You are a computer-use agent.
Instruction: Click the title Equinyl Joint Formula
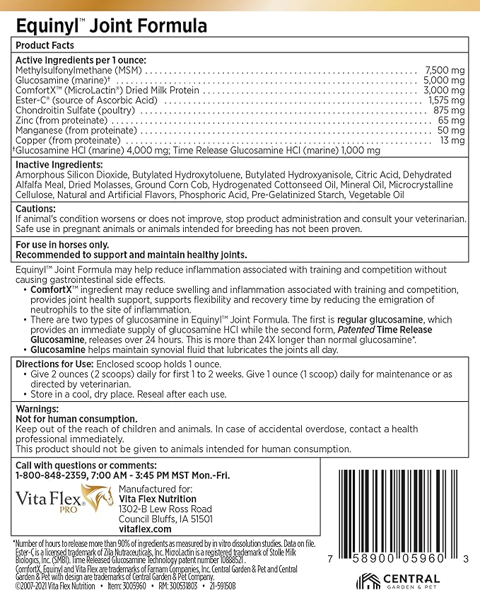111,27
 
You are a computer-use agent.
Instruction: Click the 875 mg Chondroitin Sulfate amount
450,110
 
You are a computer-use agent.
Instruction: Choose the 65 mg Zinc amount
452,120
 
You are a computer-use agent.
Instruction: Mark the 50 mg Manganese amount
452,130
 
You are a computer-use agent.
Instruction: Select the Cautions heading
35,209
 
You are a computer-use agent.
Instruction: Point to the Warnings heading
37,409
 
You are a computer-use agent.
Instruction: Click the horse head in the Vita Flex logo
98,497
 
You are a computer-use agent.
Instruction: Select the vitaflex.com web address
145,528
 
